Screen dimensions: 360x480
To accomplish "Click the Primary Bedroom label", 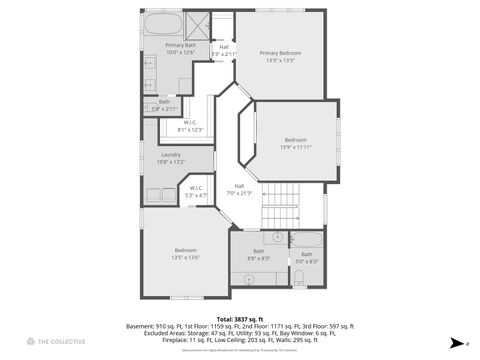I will [x=280, y=53].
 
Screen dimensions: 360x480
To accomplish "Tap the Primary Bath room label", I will [x=181, y=46].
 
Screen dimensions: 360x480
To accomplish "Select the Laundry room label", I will [x=170, y=154].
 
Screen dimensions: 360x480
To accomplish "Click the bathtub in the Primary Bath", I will [x=163, y=24].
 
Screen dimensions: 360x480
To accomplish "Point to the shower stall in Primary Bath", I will [x=197, y=23].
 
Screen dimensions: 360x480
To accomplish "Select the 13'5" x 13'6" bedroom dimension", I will [x=186, y=257].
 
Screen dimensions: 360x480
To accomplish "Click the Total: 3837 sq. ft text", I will [x=239, y=318].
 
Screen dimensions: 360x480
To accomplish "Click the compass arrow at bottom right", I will [x=456, y=342].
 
